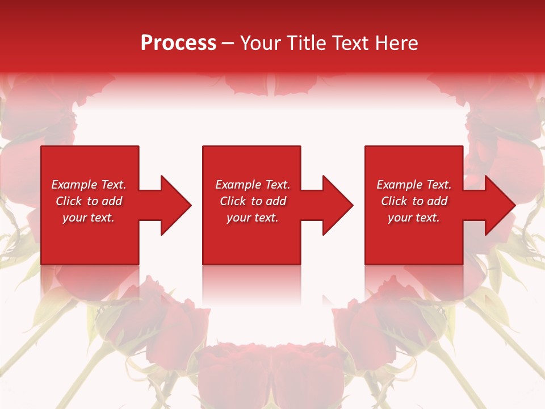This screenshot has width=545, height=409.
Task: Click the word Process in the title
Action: (178, 43)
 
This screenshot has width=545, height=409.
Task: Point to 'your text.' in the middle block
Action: (252, 218)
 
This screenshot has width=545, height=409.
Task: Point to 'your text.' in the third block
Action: (413, 218)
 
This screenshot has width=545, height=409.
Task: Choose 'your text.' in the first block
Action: (88, 218)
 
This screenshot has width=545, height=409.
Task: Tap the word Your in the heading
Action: (260, 43)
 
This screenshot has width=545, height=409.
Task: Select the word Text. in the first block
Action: (114, 185)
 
